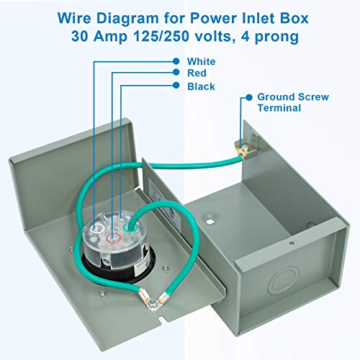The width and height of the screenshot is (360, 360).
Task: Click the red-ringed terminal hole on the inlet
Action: [x=110, y=237]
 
